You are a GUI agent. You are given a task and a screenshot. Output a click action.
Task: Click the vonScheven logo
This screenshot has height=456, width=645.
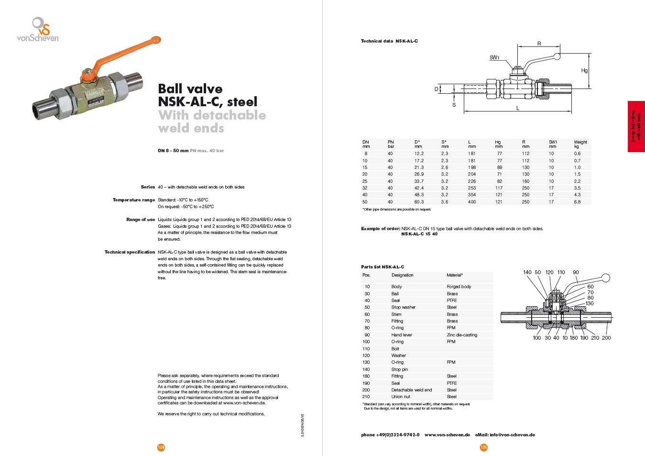38,30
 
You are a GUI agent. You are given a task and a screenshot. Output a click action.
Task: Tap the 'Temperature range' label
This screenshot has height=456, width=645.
134,200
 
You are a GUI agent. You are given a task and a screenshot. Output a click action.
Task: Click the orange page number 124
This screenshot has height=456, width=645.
161,447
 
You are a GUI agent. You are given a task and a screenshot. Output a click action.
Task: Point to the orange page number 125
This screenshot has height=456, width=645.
484,447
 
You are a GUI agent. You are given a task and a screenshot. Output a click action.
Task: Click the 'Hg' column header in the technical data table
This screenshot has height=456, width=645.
498,142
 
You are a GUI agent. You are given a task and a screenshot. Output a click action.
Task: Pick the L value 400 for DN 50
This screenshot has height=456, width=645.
472,202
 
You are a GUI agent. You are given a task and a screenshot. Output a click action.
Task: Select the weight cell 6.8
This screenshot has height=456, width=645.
577,202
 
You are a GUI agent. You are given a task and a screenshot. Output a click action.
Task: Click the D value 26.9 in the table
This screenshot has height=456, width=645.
419,174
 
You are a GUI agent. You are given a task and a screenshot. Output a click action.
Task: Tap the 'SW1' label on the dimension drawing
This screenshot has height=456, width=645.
494,58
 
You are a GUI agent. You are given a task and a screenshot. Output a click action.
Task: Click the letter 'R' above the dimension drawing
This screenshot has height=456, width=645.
539,44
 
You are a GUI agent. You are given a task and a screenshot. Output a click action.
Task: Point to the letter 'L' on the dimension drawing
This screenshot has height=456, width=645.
518,108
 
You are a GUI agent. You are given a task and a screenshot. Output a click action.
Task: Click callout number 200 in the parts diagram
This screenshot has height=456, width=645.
606,338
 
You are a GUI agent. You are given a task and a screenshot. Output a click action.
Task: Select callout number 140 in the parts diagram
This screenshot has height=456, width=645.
527,272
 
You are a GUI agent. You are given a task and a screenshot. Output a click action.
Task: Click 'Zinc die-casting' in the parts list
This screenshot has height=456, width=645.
462,335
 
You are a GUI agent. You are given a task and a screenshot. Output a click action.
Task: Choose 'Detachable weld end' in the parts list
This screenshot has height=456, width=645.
411,390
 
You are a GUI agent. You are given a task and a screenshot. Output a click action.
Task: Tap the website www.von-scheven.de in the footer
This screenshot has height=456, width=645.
447,435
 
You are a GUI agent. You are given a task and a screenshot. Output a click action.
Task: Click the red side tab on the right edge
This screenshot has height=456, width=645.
636,126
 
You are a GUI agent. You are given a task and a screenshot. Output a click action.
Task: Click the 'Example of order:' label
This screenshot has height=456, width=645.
381,229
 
